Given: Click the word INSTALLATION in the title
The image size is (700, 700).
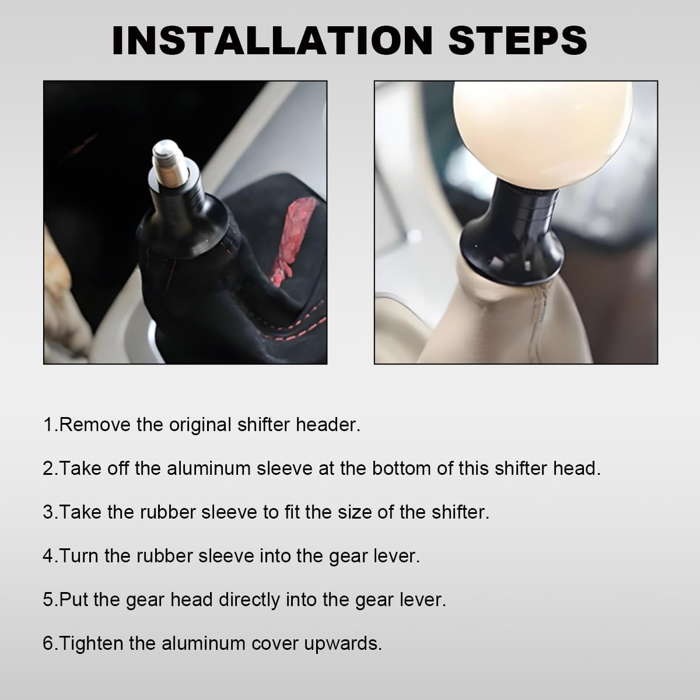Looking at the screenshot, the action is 272,40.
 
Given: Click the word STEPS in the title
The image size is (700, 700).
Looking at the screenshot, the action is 517,40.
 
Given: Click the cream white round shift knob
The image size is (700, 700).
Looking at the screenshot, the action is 542,134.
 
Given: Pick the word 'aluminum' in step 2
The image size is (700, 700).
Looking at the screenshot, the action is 208,468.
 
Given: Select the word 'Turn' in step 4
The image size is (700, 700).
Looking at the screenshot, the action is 79,556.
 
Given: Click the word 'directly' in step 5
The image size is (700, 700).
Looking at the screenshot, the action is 249,601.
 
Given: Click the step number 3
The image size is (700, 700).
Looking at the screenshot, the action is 48,512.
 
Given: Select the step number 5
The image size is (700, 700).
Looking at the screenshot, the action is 48,600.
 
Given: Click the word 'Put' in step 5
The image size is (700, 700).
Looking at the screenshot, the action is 73,600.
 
